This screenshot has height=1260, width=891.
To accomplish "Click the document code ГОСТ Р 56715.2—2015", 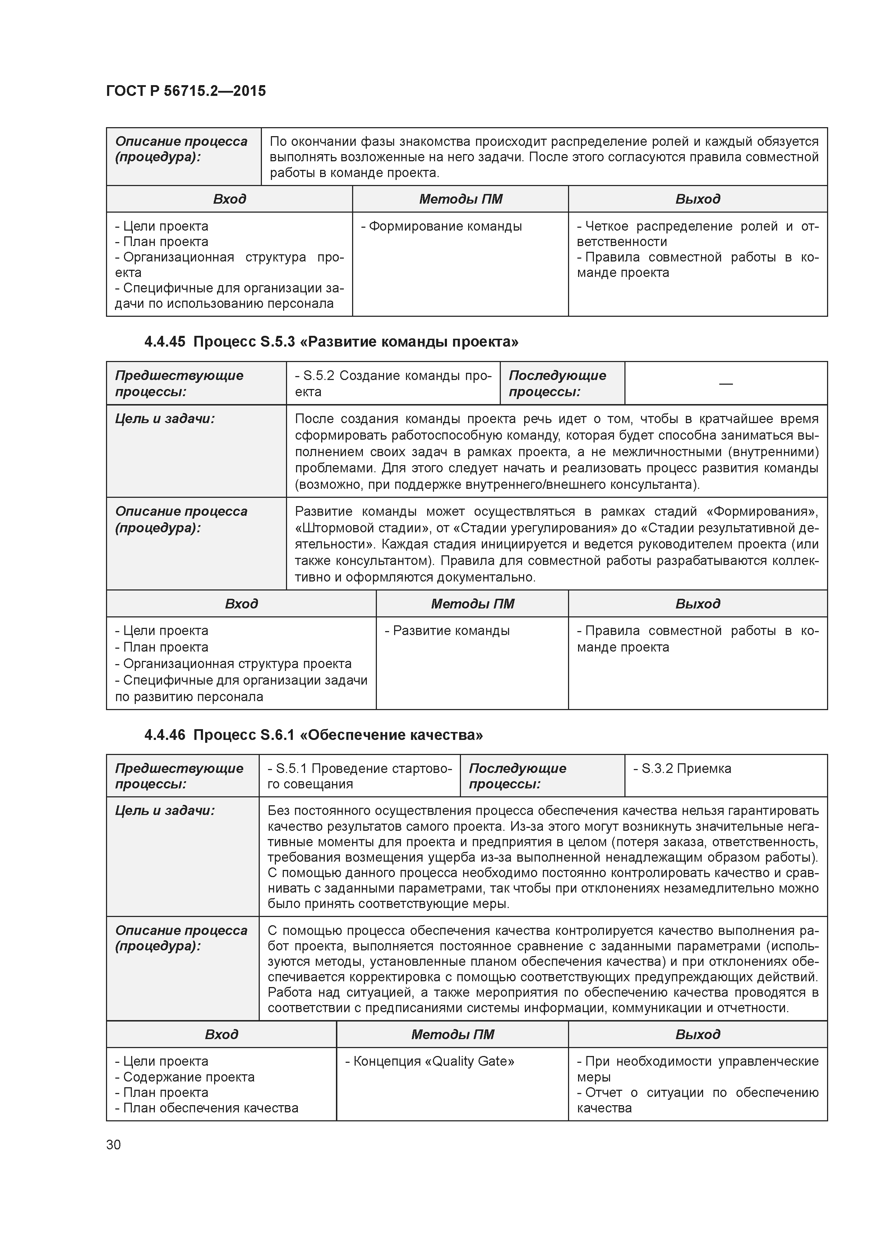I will [185, 91].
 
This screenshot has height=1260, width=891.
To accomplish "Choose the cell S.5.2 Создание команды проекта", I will [393, 384].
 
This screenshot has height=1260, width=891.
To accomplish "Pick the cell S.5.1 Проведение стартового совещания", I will [360, 776].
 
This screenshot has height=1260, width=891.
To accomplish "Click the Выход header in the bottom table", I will [697, 1034].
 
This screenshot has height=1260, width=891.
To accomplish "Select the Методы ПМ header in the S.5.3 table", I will [472, 604].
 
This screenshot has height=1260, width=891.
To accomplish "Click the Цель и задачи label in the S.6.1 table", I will [165, 811].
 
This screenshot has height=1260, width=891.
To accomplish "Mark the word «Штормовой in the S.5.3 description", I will [334, 528].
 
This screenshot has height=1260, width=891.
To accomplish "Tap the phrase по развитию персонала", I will [189, 696].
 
